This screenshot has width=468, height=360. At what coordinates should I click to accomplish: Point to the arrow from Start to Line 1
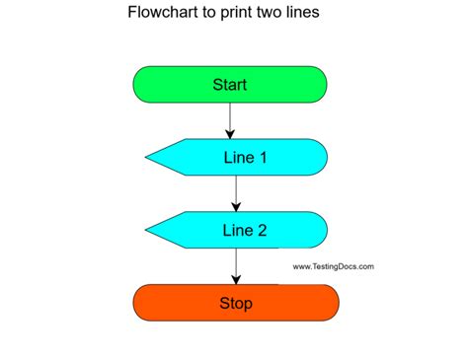(x=230, y=118)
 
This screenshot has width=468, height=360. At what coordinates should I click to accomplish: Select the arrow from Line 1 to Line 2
(x=235, y=191)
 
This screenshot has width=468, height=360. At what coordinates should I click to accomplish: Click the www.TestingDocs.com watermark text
(x=334, y=266)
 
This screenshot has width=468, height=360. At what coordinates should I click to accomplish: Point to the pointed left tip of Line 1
(x=147, y=157)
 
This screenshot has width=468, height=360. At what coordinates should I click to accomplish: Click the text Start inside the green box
(x=230, y=84)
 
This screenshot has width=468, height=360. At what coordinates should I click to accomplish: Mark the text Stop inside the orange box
(x=235, y=303)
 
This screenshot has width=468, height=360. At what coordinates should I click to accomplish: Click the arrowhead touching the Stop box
(x=235, y=279)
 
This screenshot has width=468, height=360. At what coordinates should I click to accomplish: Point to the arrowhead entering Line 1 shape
(x=230, y=134)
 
